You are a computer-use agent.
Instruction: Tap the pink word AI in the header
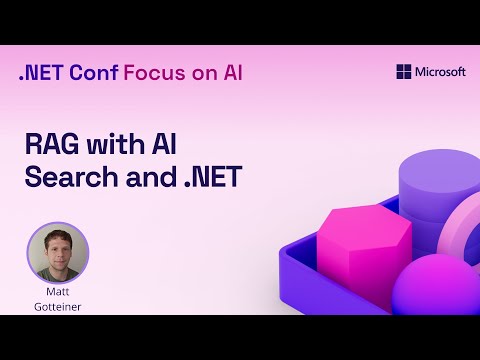[x=229, y=73]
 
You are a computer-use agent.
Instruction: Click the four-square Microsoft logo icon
[x=404, y=72]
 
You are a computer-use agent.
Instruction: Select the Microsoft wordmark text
[x=441, y=72]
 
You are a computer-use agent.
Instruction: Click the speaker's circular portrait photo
[x=57, y=253]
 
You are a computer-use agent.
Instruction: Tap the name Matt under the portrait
[x=57, y=294]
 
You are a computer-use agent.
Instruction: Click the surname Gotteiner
[x=57, y=308]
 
